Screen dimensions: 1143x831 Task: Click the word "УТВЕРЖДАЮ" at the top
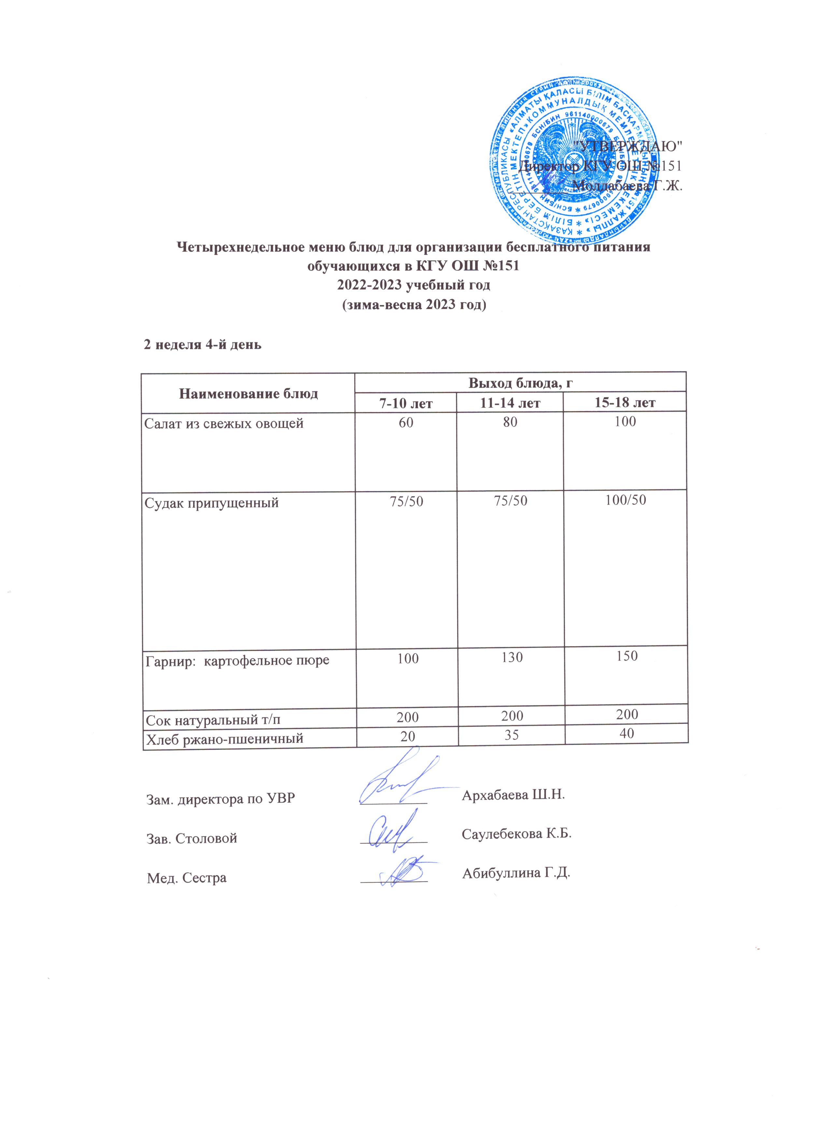(628, 146)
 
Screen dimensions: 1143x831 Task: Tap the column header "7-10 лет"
(406, 403)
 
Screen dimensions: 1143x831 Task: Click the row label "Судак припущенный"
(212, 502)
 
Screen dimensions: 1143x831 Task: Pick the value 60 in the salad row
(406, 422)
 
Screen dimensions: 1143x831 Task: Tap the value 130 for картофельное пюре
(512, 658)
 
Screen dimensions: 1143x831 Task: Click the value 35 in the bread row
(512, 737)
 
